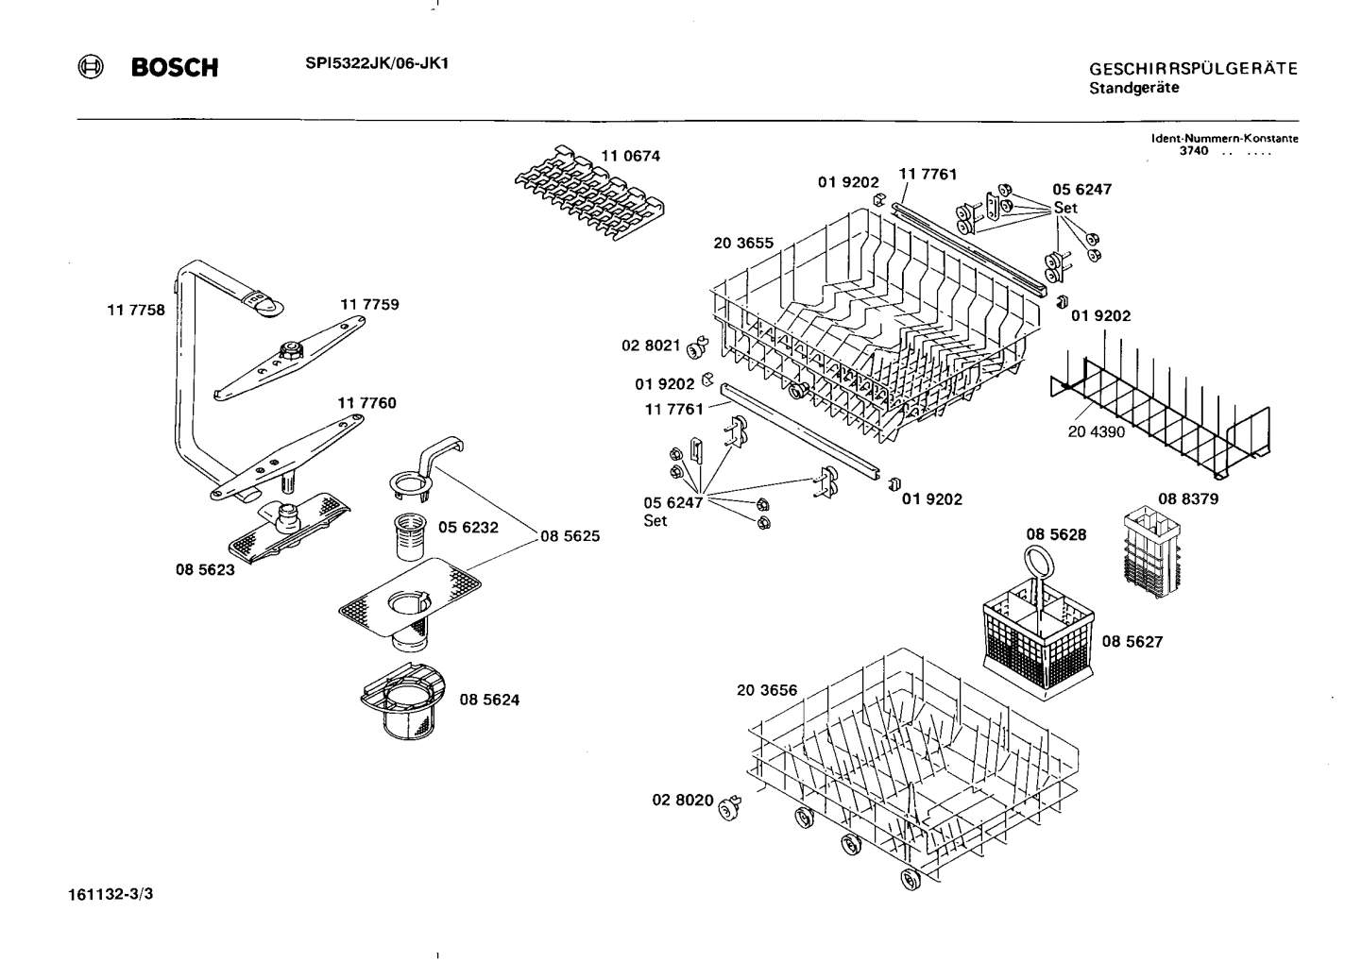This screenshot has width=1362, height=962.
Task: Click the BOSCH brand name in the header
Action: tap(175, 68)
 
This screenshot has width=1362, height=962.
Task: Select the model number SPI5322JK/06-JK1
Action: tap(376, 63)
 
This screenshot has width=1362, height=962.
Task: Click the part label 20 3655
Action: tap(743, 243)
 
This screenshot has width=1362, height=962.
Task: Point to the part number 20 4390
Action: tap(1097, 430)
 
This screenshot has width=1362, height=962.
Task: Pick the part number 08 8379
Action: tap(1187, 498)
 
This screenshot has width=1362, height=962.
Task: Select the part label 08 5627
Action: tap(1132, 641)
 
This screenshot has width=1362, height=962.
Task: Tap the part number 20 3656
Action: tap(767, 690)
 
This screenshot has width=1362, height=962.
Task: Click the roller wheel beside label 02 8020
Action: tap(729, 807)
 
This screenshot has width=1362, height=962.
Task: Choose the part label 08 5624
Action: tap(489, 700)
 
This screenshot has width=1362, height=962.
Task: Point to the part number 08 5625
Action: tap(570, 536)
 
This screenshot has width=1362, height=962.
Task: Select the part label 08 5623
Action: tap(205, 569)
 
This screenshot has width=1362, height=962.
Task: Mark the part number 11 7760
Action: tap(366, 403)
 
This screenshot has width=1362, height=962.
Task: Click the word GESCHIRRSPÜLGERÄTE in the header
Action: tap(1193, 69)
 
